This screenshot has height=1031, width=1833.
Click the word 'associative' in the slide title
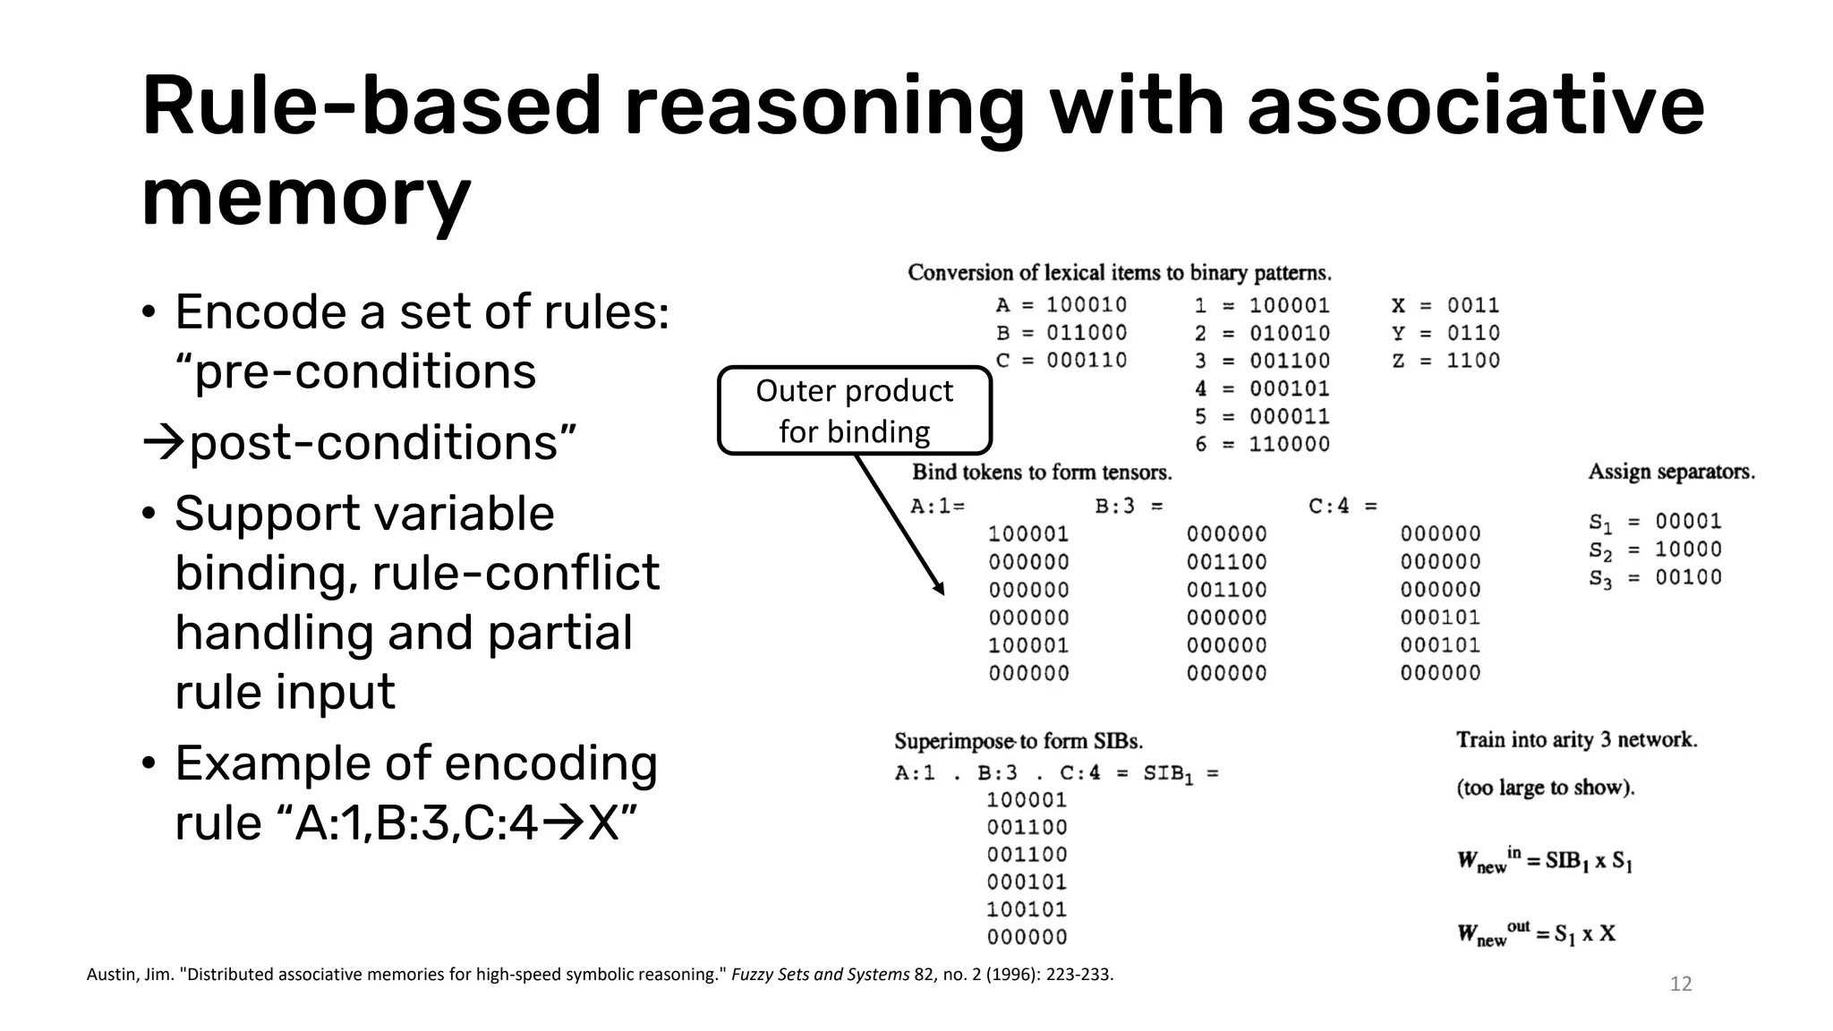pos(1475,107)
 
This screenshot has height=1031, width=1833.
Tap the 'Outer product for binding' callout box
pos(855,411)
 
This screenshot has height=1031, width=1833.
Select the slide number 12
pos(1681,984)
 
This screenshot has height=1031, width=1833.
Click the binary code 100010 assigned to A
pos(1086,305)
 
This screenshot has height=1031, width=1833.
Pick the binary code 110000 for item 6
pos(1289,444)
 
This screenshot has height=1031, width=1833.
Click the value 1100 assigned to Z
pos(1473,361)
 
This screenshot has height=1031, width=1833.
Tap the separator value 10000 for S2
pos(1688,550)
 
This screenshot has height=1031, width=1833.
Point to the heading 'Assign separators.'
pos(1671,472)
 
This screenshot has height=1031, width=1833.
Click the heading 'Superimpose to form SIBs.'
pos(1019,741)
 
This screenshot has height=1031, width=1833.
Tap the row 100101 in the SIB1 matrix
pos(1027,910)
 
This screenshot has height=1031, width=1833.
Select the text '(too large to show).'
pos(1545,788)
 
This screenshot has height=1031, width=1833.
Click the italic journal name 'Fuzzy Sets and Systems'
pos(820,975)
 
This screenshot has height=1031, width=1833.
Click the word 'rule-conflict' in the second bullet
pos(516,573)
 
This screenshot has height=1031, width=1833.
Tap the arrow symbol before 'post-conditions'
pos(164,443)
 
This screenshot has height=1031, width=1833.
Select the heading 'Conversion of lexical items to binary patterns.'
pos(1119,273)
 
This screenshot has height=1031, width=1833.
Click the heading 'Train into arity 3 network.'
pos(1576,740)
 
